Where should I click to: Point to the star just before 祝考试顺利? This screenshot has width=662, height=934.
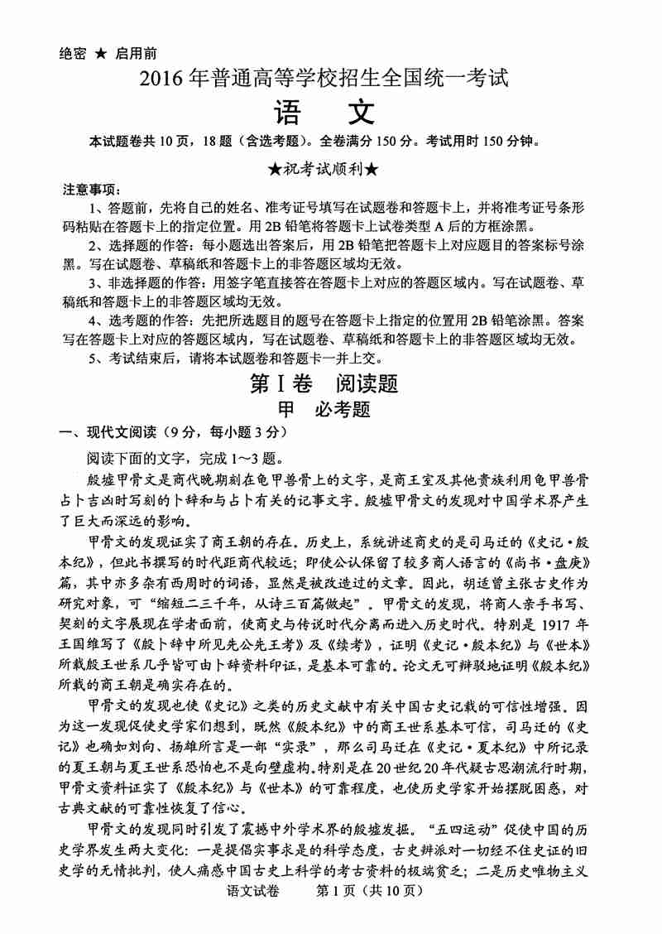pos(275,169)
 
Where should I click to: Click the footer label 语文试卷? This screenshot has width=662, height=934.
pos(249,915)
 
